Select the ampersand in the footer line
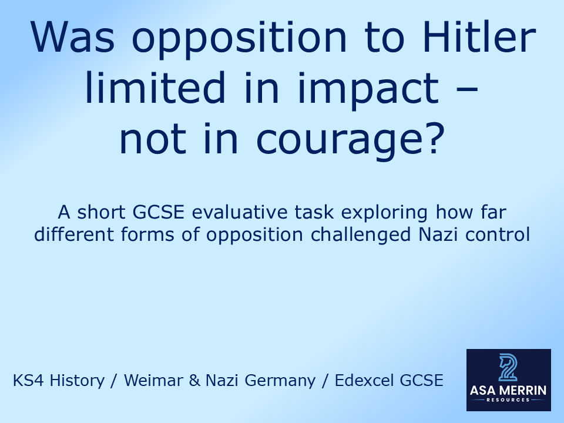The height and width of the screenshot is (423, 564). pos(195,381)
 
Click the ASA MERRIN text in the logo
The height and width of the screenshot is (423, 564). pos(508,390)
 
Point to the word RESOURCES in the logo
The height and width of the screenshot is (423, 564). pos(508,399)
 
